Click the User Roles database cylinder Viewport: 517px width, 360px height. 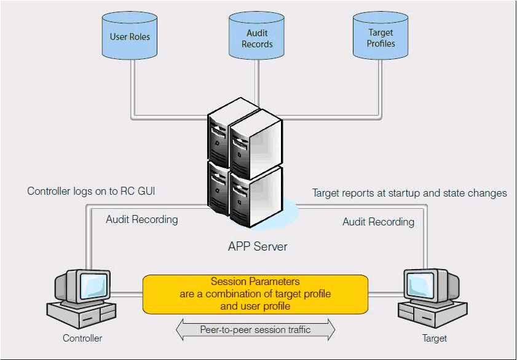point(130,37)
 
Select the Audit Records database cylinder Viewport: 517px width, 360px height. point(257,38)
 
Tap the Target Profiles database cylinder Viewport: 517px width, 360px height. point(381,38)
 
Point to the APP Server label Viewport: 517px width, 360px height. point(258,247)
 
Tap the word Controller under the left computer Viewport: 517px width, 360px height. point(82,338)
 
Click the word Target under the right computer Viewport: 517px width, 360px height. point(434,338)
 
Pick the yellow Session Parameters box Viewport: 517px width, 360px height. point(255,294)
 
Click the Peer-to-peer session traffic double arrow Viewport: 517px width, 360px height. point(255,330)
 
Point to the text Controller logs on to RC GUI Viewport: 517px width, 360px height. point(91,192)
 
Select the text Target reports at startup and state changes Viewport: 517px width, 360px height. point(409,193)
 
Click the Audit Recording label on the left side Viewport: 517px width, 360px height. point(141,219)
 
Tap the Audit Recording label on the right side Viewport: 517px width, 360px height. point(378,222)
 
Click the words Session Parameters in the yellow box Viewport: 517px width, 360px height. point(255,282)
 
